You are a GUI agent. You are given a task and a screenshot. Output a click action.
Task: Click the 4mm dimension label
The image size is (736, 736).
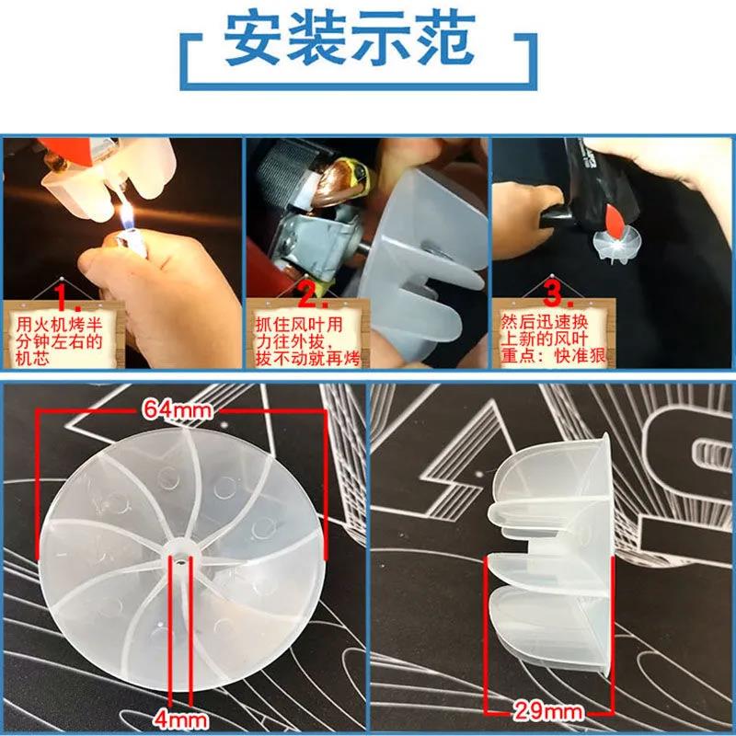pyautogui.click(x=180, y=716)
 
